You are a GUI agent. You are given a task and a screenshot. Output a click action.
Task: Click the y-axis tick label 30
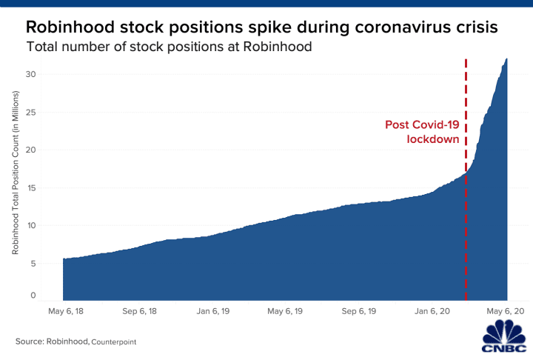coord(31,74)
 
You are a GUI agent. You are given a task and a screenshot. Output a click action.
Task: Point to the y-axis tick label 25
coord(31,112)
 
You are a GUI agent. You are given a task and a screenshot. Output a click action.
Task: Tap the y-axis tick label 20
coord(31,150)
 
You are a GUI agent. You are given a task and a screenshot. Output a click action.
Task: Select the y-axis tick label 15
coord(31,187)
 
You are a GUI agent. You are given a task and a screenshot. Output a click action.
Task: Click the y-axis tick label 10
coord(31,225)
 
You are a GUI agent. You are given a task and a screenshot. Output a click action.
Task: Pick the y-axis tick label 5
coord(33,263)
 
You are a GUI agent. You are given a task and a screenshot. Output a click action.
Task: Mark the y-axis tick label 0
coord(33,296)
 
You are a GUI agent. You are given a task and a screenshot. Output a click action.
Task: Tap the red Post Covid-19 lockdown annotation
coord(422,132)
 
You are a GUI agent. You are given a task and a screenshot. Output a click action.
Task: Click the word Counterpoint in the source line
coord(115,342)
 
